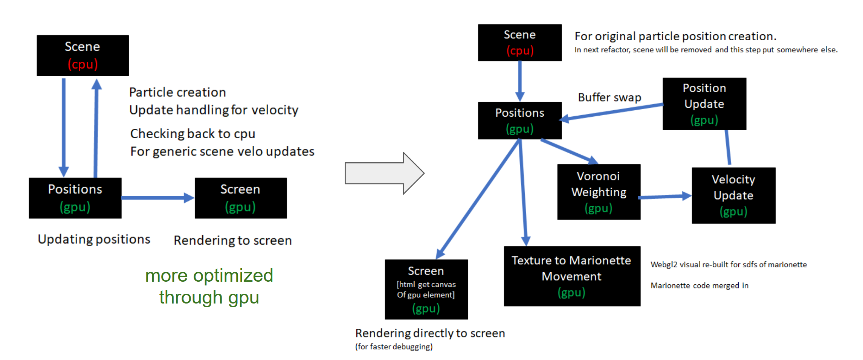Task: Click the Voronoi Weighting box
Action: pyautogui.click(x=599, y=192)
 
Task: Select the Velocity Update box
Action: pyautogui.click(x=733, y=195)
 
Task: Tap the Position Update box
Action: pyautogui.click(x=704, y=104)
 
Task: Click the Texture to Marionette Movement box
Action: pyautogui.click(x=571, y=276)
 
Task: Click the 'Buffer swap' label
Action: pyautogui.click(x=609, y=98)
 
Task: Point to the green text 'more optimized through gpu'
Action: pyautogui.click(x=209, y=286)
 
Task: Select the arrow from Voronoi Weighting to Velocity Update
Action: pyautogui.click(x=665, y=197)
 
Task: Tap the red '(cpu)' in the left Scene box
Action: pyautogui.click(x=82, y=64)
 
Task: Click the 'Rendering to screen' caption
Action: pyautogui.click(x=232, y=240)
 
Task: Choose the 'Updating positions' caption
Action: pyautogui.click(x=94, y=239)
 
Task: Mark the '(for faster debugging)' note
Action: pyautogui.click(x=394, y=346)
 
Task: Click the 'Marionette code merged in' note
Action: pyautogui.click(x=699, y=285)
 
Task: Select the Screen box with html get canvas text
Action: pyautogui.click(x=426, y=289)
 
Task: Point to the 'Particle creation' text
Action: pyautogui.click(x=177, y=92)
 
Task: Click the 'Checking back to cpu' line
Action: pyautogui.click(x=192, y=134)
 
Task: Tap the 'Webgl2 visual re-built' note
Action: pyautogui.click(x=728, y=264)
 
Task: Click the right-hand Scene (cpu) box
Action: pyautogui.click(x=519, y=43)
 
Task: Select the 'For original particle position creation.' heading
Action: pyautogui.click(x=675, y=36)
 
